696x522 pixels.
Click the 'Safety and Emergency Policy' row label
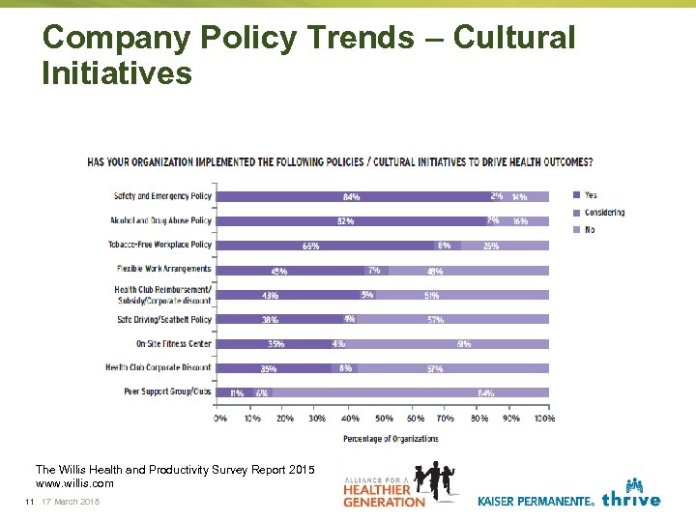click(x=162, y=196)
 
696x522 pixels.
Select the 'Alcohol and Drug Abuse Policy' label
click(x=160, y=220)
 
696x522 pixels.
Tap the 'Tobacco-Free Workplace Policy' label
click(x=159, y=245)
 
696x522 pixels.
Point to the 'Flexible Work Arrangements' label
click(x=163, y=269)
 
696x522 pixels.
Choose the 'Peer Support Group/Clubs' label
click(x=167, y=392)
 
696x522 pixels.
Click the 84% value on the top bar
click(x=351, y=197)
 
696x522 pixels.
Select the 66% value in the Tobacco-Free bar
click(x=310, y=246)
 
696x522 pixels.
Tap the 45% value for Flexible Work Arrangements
click(x=278, y=272)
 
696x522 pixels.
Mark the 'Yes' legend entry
click(x=591, y=195)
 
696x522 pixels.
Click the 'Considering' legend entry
click(x=604, y=213)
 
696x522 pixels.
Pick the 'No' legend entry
click(x=590, y=230)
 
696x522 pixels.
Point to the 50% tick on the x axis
click(x=383, y=419)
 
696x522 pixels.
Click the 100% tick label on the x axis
click(x=544, y=419)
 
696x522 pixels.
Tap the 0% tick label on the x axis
click(x=220, y=419)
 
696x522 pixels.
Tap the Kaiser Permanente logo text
click(x=536, y=501)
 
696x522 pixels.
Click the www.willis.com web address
click(x=74, y=483)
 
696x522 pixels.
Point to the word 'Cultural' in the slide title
click(x=513, y=39)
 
